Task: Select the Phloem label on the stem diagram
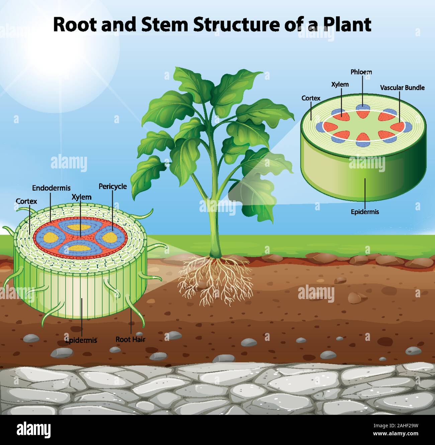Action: point(361,72)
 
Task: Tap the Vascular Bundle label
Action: point(402,88)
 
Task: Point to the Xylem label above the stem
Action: point(340,84)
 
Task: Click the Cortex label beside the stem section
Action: point(311,98)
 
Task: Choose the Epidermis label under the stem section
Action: point(365,212)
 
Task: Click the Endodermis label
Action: point(51,188)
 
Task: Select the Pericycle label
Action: point(112,186)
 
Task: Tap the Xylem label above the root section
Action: point(81,197)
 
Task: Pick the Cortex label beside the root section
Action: point(26,201)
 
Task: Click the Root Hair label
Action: point(130,339)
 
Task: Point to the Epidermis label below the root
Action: point(81,341)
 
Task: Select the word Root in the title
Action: point(74,24)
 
